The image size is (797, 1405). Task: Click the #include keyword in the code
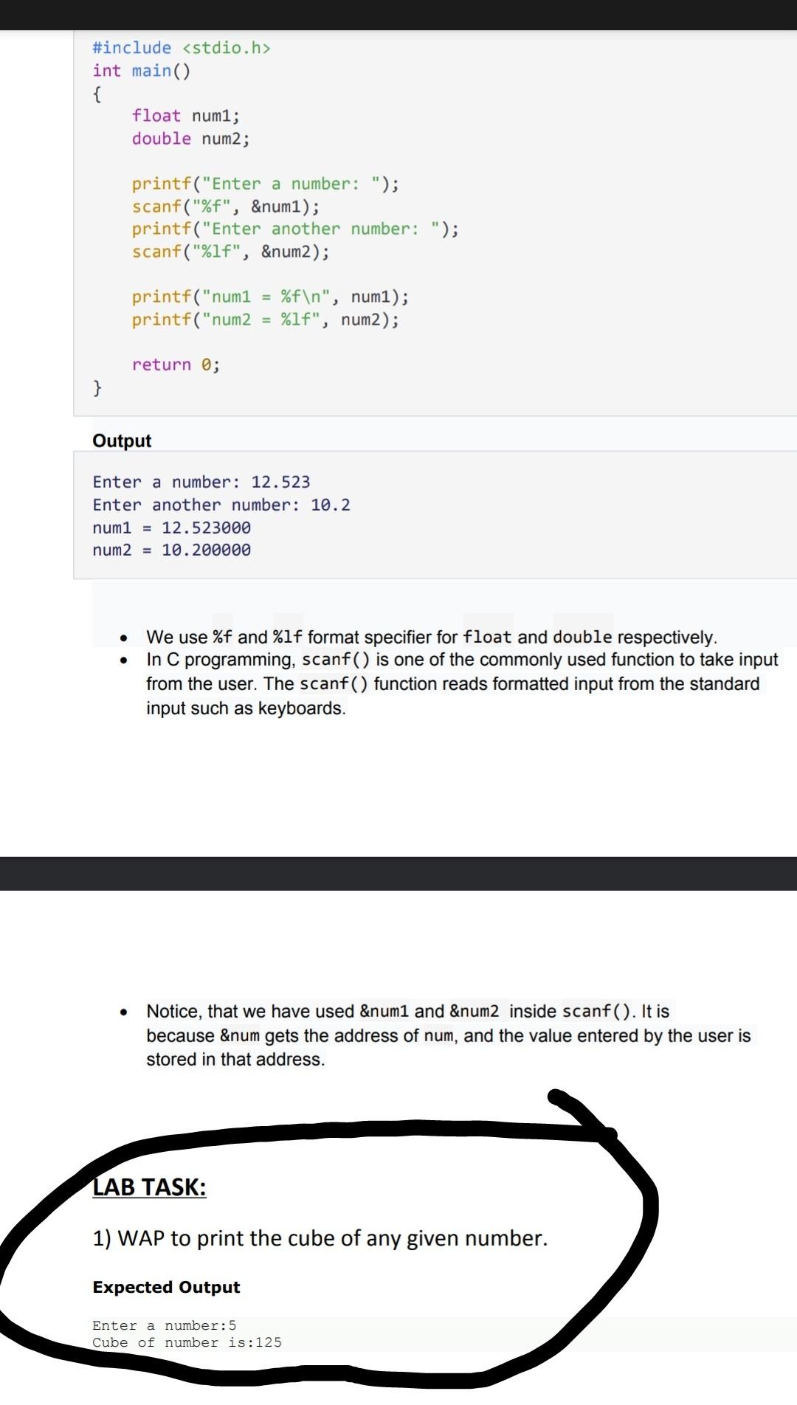(131, 48)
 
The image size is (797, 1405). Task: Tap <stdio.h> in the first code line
(227, 48)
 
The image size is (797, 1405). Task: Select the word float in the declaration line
(156, 116)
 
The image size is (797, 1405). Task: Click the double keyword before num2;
(161, 139)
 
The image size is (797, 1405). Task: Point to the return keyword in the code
(161, 365)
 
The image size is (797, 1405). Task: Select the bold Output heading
(122, 441)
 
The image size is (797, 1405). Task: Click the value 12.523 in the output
(280, 482)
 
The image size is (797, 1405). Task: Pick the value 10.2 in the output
(330, 505)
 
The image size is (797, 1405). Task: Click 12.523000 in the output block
(206, 528)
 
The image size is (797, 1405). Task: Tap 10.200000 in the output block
(206, 550)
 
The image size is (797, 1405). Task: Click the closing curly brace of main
(97, 387)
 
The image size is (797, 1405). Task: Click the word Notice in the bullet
(173, 1011)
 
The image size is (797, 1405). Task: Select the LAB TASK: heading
(149, 1187)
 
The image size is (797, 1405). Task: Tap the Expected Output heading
(166, 1287)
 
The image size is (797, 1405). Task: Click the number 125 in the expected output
(269, 1342)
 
